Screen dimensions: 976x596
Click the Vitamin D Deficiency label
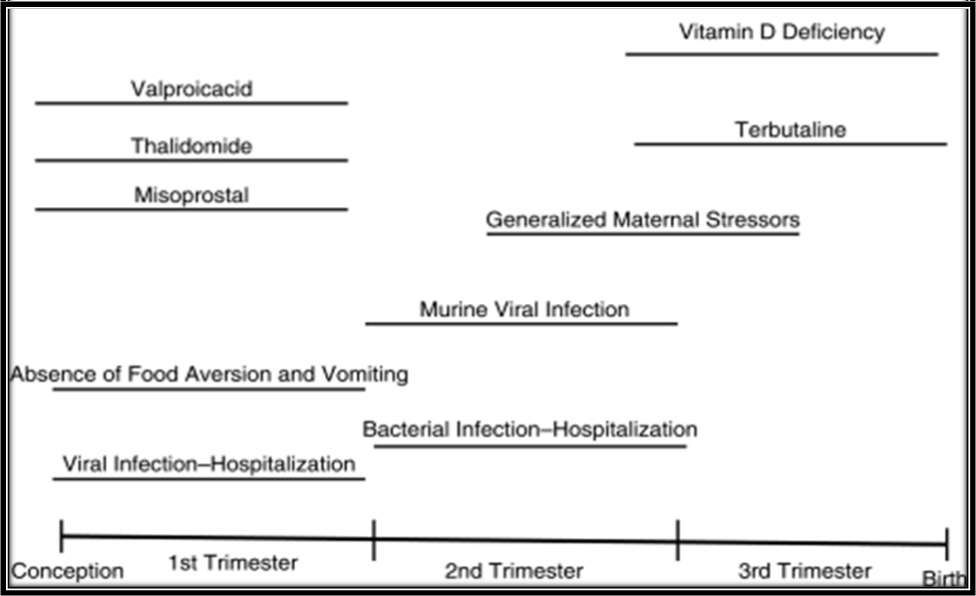point(782,32)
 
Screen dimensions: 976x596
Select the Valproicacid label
point(191,89)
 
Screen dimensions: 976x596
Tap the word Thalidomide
point(191,146)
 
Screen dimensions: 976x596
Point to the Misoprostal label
point(191,195)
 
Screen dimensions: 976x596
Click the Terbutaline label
point(791,130)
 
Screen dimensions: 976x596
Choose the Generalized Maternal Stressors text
point(643,219)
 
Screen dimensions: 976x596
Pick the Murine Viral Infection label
point(524,309)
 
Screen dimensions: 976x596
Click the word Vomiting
point(365,374)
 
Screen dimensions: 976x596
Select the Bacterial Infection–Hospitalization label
point(529,430)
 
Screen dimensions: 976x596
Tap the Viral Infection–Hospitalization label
point(209,464)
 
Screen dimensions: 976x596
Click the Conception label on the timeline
point(67,571)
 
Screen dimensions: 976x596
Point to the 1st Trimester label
point(233,563)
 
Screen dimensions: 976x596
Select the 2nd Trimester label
point(513,570)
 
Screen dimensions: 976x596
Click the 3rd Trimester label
point(805,570)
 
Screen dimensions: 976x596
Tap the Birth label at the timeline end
point(944,579)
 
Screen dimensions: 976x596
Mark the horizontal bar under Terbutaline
point(791,145)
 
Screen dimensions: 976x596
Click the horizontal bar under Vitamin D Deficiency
point(782,55)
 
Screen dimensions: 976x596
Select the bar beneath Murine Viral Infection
point(521,324)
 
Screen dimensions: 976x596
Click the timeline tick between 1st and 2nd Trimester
point(374,539)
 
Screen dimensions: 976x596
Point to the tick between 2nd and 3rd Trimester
point(678,540)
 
